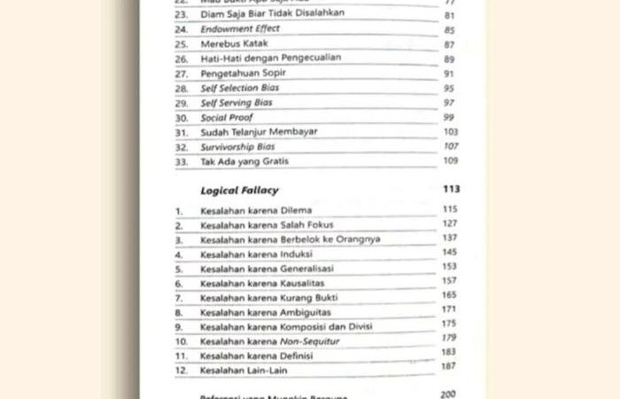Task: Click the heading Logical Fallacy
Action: tap(239, 190)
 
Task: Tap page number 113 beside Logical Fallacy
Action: tap(450, 190)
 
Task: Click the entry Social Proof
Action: tap(227, 117)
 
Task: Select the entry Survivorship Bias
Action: tap(237, 146)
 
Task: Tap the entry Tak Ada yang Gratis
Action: tap(244, 161)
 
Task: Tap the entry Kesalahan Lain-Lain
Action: tap(244, 370)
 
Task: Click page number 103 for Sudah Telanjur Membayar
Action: tap(449, 130)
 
